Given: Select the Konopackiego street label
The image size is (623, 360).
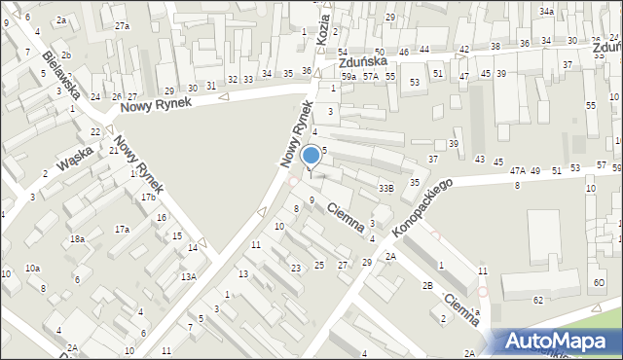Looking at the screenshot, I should [x=423, y=207].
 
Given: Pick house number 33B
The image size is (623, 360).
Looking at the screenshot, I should [x=386, y=187].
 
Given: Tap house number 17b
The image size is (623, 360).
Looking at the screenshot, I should [x=148, y=198].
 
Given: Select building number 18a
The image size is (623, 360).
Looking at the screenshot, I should [x=77, y=238].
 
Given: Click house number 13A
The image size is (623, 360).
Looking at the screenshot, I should [x=188, y=276].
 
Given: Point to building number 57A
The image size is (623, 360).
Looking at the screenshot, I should [x=371, y=75].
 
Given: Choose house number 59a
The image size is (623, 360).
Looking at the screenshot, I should [x=348, y=75].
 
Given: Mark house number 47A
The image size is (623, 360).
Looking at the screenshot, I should [x=518, y=171].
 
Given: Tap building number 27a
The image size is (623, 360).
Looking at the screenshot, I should [x=122, y=26].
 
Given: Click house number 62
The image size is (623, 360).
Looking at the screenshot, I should [x=538, y=301].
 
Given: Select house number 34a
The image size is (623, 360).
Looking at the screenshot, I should [x=547, y=12].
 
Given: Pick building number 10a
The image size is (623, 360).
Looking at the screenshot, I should [x=32, y=268].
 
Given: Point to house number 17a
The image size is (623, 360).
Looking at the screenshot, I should [x=122, y=230].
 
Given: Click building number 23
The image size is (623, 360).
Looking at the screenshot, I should [x=295, y=268].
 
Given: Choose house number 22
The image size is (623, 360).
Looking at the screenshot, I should [x=95, y=131].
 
